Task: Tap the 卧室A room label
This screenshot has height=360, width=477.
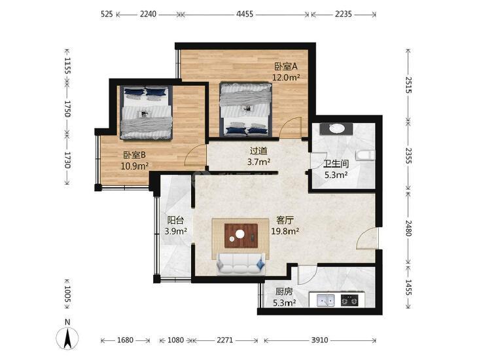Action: pos(286,66)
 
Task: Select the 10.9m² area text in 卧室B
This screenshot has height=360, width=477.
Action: pos(134,166)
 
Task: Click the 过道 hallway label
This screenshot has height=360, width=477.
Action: pos(258,151)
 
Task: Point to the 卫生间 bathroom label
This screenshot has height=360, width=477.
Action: pos(336,164)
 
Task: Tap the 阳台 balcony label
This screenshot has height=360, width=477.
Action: pos(175,220)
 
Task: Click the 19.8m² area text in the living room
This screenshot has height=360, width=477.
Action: pos(285,231)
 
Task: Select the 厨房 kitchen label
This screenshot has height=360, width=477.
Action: pos(284,292)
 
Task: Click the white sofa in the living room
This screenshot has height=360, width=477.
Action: pos(240,264)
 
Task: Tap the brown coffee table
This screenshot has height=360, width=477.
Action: pos(241,236)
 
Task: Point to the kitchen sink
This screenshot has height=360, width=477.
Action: pos(325,300)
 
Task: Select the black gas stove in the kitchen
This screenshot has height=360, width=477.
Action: pos(349,300)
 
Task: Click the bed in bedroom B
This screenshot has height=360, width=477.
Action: pos(146,113)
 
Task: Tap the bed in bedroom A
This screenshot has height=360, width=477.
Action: pos(245,109)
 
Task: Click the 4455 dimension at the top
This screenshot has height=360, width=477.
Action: pos(245,14)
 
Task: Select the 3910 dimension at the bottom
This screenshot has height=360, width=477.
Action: pos(319,340)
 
